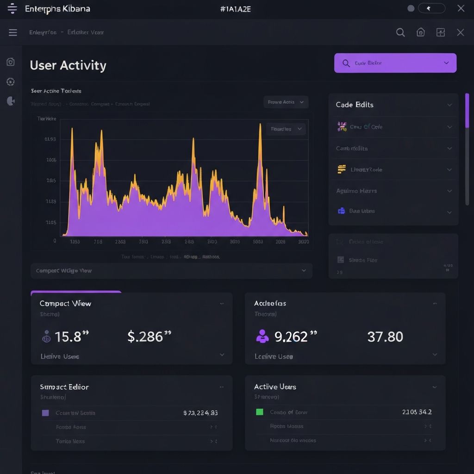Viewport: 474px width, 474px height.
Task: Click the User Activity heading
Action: [x=68, y=65]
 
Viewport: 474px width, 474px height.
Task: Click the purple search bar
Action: [x=395, y=63]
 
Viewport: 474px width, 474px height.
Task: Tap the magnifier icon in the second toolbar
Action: [x=400, y=32]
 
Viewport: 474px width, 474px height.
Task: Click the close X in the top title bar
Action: [x=461, y=8]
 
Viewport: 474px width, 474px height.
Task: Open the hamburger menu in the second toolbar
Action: [x=13, y=32]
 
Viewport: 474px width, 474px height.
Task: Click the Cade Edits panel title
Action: [x=355, y=105]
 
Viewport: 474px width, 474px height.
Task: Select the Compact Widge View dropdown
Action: [x=171, y=271]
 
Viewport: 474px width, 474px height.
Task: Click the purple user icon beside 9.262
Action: [x=262, y=336]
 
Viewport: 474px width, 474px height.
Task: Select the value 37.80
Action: [x=385, y=337]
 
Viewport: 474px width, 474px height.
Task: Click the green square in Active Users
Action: [x=260, y=412]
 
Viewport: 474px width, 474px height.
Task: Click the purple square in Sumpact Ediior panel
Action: [x=45, y=412]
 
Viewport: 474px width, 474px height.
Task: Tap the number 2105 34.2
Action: [x=417, y=412]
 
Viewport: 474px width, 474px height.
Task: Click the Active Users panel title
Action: [x=275, y=387]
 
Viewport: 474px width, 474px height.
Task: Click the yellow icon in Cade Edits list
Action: [x=342, y=169]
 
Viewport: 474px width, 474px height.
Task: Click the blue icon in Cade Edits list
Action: [x=342, y=211]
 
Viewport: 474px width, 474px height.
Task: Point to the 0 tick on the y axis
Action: [x=55, y=241]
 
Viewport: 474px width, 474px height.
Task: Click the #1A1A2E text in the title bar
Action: [x=236, y=9]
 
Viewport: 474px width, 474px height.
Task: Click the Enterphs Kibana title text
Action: [x=57, y=9]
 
